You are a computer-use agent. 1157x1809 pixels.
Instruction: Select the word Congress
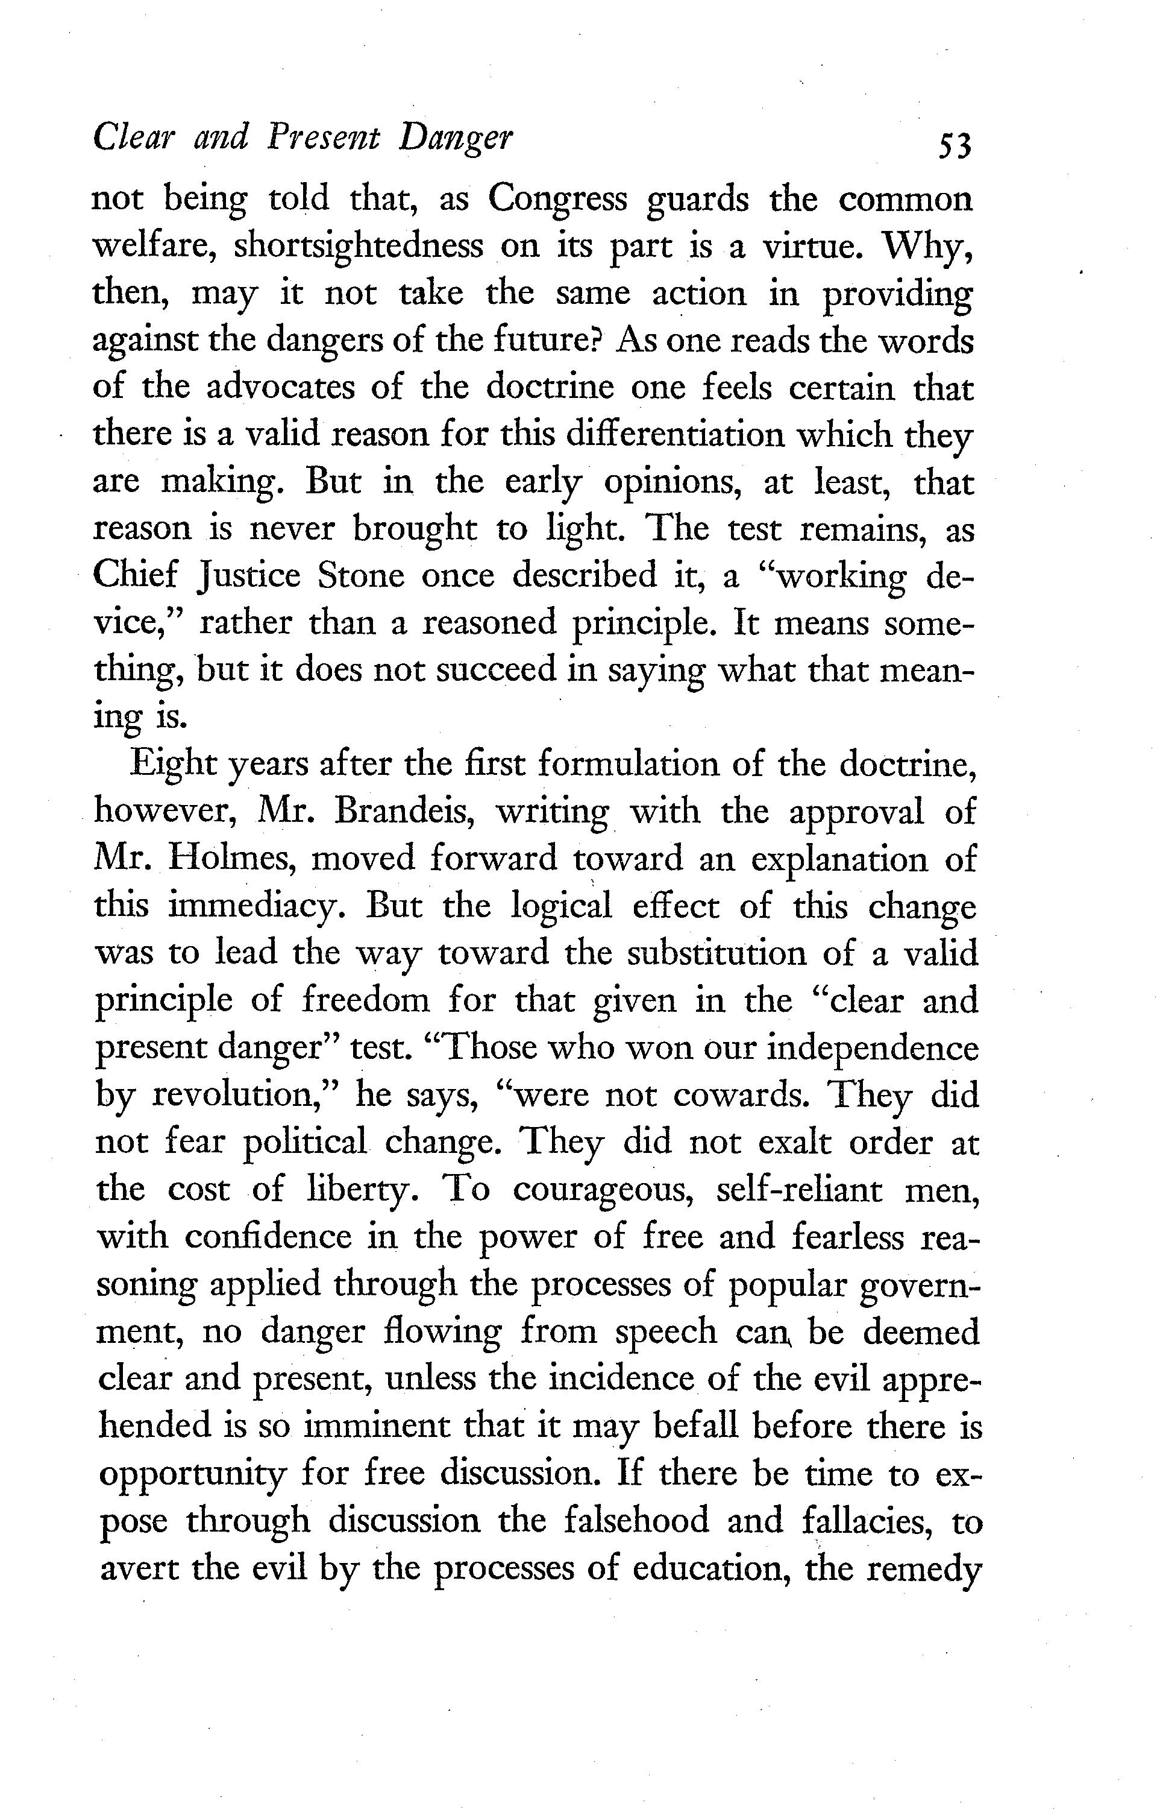point(557,200)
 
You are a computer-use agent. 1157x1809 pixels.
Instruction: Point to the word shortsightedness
point(359,247)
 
